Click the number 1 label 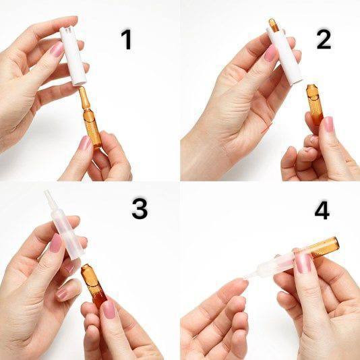click(126, 39)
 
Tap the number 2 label click(324, 39)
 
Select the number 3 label click(140, 208)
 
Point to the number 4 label click(322, 210)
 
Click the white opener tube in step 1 click(73, 56)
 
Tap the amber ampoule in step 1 click(90, 117)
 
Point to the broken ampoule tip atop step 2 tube click(274, 25)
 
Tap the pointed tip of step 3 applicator click(47, 191)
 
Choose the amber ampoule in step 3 click(94, 285)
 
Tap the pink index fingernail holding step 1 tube click(57, 49)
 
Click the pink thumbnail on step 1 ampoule click(85, 142)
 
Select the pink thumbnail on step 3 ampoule click(109, 309)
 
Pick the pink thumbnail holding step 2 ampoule click(328, 124)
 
